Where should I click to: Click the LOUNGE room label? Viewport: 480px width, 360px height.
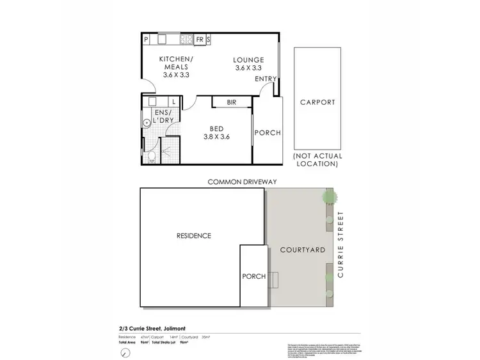tap(249, 59)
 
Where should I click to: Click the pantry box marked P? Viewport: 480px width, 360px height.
tap(146, 39)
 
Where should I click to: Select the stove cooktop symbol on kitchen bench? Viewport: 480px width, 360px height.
tap(186, 39)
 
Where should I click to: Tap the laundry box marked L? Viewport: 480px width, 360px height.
tap(174, 101)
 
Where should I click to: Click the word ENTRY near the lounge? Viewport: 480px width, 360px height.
tap(266, 79)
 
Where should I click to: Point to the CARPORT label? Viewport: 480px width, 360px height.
tap(317, 102)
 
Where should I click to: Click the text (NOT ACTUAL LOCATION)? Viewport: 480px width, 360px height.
tap(317, 160)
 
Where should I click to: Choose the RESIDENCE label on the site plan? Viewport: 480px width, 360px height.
tap(193, 236)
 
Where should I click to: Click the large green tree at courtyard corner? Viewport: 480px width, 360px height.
tap(328, 196)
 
